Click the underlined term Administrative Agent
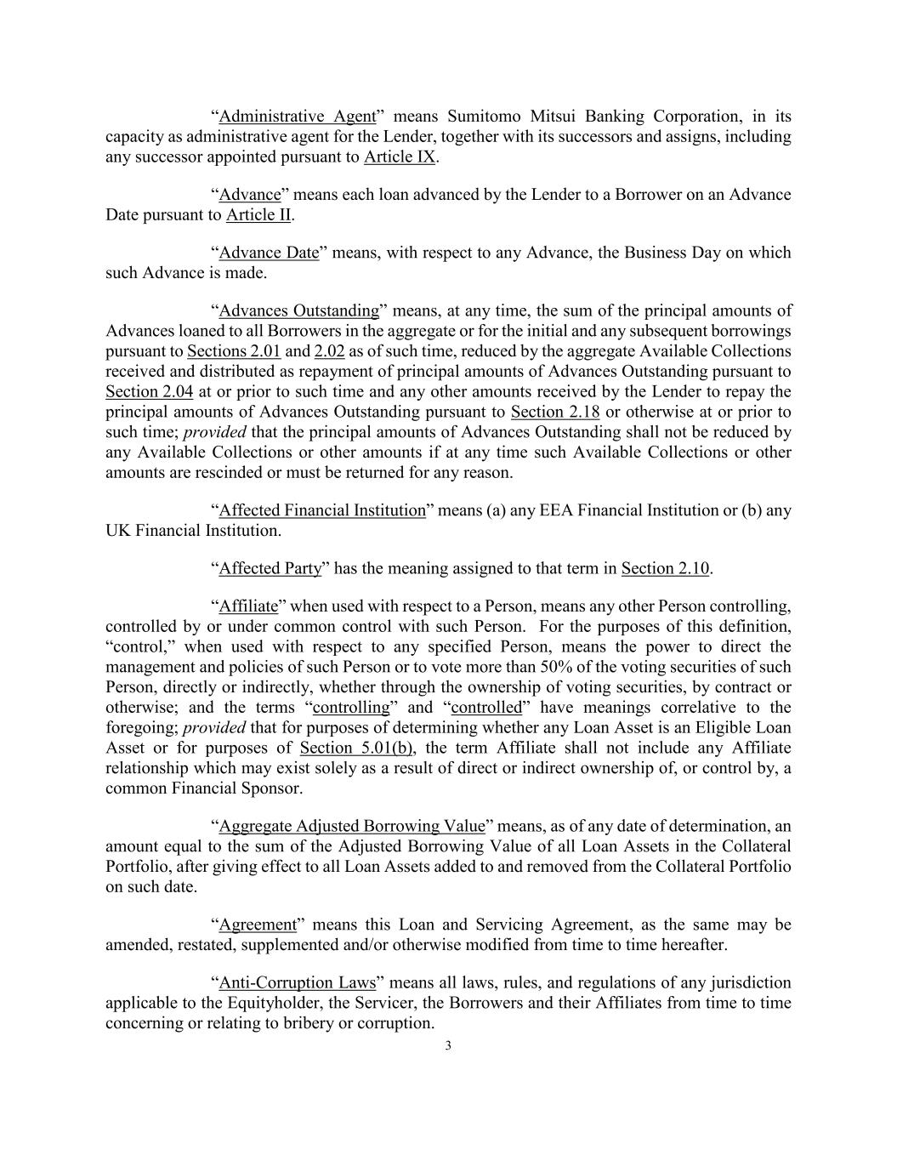click(x=297, y=117)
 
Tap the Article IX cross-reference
click(x=400, y=157)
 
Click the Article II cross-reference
click(x=258, y=214)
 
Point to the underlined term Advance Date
click(x=269, y=253)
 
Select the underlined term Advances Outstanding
click(x=298, y=310)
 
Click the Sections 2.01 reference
click(x=234, y=351)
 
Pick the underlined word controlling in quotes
click(x=351, y=708)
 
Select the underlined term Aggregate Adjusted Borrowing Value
click(x=352, y=826)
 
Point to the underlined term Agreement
click(x=258, y=925)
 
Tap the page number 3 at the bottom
click(x=448, y=1046)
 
